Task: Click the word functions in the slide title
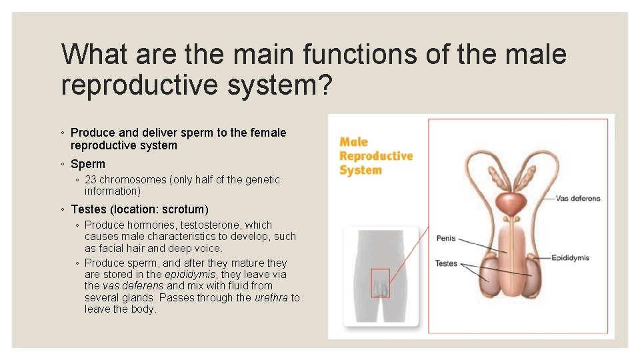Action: [366, 53]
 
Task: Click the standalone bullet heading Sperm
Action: [88, 164]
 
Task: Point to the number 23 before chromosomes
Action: [91, 180]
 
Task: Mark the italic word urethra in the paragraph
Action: [271, 298]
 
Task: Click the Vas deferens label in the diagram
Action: [577, 198]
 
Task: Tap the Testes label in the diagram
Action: [446, 263]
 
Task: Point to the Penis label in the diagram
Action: [446, 238]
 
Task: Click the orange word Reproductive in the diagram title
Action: [376, 156]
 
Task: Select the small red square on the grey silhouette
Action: [380, 283]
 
